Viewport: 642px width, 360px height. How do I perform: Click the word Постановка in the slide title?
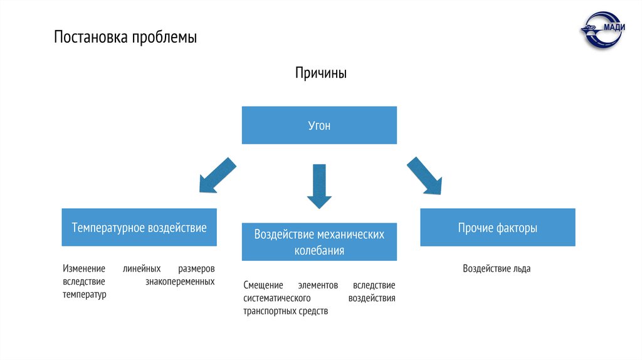90,38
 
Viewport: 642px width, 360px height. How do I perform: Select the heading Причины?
321,73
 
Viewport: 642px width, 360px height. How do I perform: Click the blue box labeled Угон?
319,125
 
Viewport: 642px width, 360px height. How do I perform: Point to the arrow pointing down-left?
217,175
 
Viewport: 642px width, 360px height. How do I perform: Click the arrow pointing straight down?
319,186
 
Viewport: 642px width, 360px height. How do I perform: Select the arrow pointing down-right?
424,176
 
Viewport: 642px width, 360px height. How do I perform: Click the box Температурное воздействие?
139,227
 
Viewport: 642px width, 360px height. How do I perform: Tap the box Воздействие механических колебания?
319,242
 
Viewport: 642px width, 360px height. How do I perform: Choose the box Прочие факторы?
497,228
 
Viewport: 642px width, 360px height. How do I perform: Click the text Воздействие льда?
497,268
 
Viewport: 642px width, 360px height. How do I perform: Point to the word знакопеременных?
181,282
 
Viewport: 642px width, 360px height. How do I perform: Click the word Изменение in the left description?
84,268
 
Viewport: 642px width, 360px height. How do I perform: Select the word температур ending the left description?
85,294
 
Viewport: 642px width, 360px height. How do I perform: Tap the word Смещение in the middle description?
264,285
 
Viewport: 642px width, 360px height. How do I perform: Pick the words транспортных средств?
286,311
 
